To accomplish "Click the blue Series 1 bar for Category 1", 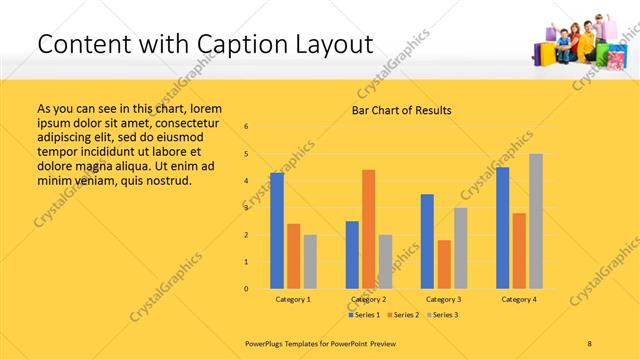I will tap(277, 231).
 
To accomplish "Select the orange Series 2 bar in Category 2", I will tap(369, 229).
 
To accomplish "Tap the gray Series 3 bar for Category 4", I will tap(536, 221).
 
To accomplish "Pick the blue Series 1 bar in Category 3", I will tap(427, 241).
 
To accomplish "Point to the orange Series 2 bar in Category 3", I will tap(444, 264).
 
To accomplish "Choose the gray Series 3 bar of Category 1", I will tap(310, 262).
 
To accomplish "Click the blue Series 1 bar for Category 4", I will tap(502, 228).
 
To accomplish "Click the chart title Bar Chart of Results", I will tap(401, 110).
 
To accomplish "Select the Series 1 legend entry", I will tap(364, 314).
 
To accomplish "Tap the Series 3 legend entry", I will tap(442, 314).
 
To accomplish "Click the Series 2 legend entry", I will tap(403, 314).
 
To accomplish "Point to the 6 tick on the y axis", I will tap(246, 127).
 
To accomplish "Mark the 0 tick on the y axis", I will tap(246, 289).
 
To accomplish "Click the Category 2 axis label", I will tap(369, 299).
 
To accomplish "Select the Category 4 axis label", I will tap(519, 299).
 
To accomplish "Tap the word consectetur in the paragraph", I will tap(188, 120).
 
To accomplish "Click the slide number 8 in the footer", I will tap(590, 342).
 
